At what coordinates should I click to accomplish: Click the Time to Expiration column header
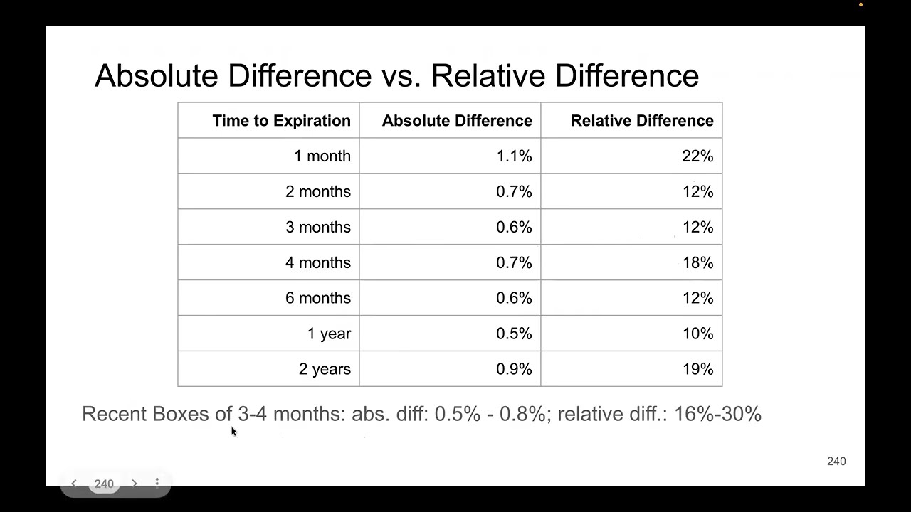tap(281, 121)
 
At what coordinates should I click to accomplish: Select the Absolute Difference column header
tap(457, 121)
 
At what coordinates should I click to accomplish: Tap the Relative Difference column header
tap(641, 121)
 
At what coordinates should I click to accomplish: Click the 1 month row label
tap(322, 156)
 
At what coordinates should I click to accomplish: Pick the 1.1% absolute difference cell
tap(514, 156)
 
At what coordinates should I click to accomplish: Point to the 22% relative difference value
tap(697, 156)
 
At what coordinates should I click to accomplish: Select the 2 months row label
tap(318, 192)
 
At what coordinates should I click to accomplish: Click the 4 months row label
tap(318, 263)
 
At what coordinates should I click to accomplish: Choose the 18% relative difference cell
tap(697, 263)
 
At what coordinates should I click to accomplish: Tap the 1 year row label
tap(329, 334)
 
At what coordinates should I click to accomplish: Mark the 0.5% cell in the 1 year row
tap(514, 334)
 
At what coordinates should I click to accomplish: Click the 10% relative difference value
tap(697, 334)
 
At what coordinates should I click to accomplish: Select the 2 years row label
tap(325, 370)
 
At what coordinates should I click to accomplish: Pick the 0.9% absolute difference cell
tap(514, 370)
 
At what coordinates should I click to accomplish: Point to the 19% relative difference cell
tap(697, 370)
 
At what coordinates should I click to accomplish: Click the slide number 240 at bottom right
tap(836, 462)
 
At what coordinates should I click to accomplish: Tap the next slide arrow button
tap(134, 484)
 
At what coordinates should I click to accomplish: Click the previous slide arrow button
tap(73, 484)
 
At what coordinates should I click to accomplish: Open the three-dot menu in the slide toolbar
tap(157, 483)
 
